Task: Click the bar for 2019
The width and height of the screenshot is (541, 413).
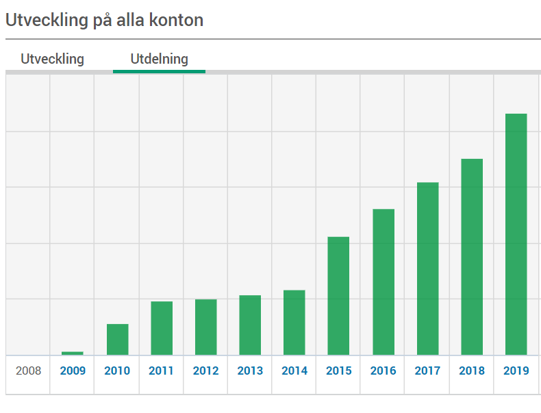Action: click(516, 234)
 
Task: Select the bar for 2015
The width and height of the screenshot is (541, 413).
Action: click(338, 296)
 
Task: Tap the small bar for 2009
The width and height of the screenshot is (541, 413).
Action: click(73, 353)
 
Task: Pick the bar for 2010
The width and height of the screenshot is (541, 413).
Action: click(117, 339)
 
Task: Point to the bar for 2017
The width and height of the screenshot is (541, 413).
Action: click(427, 268)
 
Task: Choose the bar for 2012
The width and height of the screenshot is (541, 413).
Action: click(205, 327)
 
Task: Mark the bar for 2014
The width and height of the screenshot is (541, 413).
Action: click(294, 323)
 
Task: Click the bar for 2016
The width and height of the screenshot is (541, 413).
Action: click(383, 281)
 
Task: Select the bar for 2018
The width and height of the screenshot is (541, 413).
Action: click(472, 257)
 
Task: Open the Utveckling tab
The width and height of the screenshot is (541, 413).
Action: click(52, 59)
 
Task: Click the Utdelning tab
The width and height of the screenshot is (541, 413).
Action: click(159, 59)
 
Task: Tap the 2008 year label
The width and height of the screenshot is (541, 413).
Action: click(28, 371)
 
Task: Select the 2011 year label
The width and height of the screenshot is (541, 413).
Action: click(161, 371)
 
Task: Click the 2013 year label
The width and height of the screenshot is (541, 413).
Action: click(250, 371)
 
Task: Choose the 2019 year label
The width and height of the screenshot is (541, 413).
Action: click(516, 371)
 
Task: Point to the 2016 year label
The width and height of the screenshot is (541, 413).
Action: click(383, 371)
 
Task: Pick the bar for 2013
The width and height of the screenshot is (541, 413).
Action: click(250, 325)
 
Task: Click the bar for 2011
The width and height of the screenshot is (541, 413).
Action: click(162, 328)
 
